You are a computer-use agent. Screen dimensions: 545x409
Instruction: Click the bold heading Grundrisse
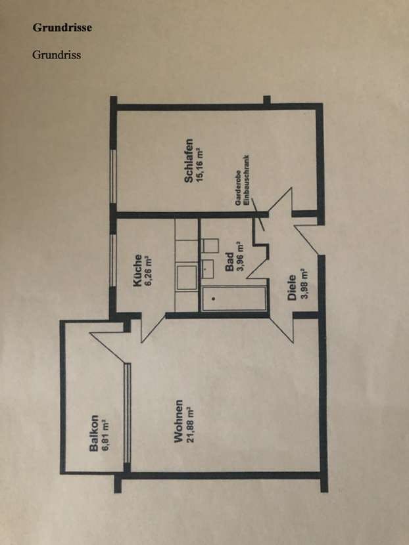coord(62,28)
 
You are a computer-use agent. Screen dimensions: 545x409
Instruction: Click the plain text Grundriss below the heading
coord(57,54)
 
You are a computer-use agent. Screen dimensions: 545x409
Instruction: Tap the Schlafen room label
coord(189,161)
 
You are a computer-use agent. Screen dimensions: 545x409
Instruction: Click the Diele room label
coord(292,287)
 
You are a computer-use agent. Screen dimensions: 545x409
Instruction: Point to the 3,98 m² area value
coord(303,284)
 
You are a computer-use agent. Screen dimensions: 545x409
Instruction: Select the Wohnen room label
coord(178,420)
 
